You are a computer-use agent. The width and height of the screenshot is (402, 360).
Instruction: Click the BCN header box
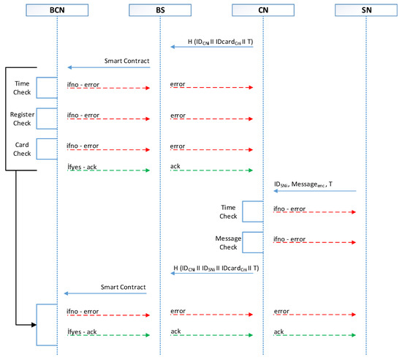56,11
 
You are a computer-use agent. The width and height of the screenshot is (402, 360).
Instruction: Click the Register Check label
22,119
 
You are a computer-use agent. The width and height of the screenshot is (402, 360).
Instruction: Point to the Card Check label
22,149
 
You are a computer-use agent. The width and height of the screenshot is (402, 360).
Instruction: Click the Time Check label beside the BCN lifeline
22,88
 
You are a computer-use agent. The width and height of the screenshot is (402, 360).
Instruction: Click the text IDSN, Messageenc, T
300,183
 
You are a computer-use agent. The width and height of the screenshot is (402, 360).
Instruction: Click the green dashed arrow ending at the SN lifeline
314,335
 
